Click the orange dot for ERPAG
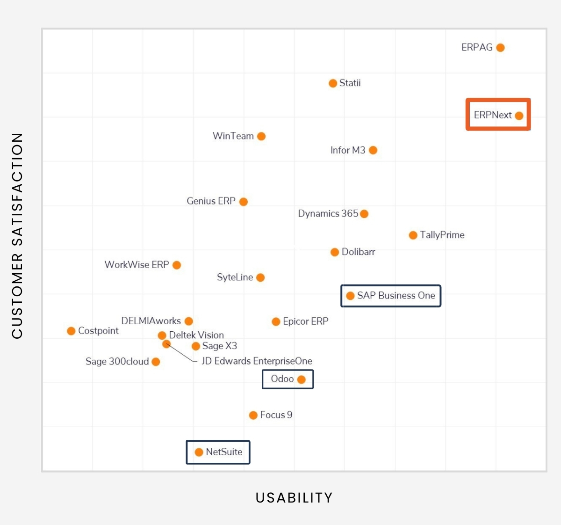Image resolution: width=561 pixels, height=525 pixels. pyautogui.click(x=500, y=48)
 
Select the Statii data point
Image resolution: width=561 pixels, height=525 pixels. pyautogui.click(x=333, y=83)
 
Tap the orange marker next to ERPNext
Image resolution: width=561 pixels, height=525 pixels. pyautogui.click(x=519, y=116)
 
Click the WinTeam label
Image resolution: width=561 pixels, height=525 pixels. pyautogui.click(x=233, y=136)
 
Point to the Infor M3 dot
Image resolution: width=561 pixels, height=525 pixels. pyautogui.click(x=373, y=150)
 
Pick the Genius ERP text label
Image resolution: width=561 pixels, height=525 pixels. pyautogui.click(x=211, y=201)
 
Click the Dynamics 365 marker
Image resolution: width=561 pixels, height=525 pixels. pyautogui.click(x=364, y=214)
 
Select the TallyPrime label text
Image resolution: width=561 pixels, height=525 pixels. pyautogui.click(x=442, y=235)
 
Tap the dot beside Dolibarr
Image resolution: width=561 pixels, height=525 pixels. pyautogui.click(x=335, y=252)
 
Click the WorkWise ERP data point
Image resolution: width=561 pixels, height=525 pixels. pyautogui.click(x=177, y=265)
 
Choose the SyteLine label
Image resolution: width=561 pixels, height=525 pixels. pyautogui.click(x=235, y=277)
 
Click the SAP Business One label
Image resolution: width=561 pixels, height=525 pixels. pyautogui.click(x=396, y=296)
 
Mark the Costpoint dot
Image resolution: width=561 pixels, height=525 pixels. pyautogui.click(x=71, y=331)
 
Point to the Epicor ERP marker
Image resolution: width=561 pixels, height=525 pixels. pyautogui.click(x=276, y=321)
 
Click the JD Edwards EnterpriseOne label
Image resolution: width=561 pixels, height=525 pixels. pyautogui.click(x=257, y=361)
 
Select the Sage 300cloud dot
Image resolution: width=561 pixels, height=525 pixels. pyautogui.click(x=156, y=362)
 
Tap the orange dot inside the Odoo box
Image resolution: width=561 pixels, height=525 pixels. pyautogui.click(x=302, y=379)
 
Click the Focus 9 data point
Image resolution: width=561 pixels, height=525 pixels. pyautogui.click(x=253, y=415)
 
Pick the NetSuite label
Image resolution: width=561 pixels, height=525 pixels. pyautogui.click(x=224, y=452)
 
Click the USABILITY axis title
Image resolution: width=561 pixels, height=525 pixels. pyautogui.click(x=294, y=497)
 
